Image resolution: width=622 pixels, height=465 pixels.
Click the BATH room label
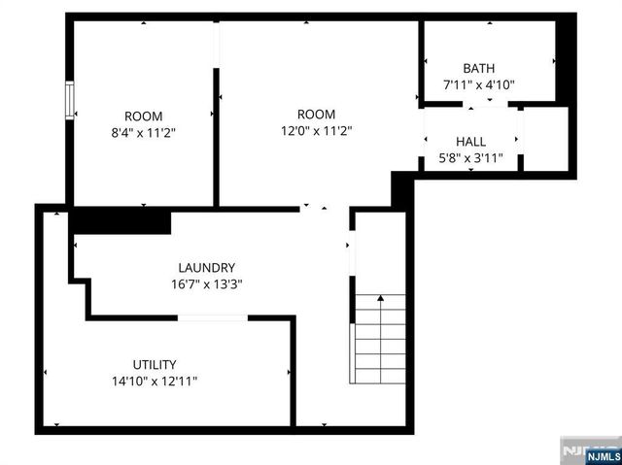pos(478,68)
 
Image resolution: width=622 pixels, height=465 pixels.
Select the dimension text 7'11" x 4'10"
pos(478,84)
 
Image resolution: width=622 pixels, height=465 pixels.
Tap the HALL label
pos(470,142)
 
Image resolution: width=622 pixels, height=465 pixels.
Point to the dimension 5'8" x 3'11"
pos(470,158)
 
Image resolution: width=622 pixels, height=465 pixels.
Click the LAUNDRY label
pos(206,268)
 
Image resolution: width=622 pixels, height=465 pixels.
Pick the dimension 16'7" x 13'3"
pos(206,284)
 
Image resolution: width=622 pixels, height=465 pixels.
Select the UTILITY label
pos(155,364)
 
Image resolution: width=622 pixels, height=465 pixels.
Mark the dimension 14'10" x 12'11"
pos(155,382)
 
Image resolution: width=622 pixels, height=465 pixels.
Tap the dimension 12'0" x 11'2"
pos(317,131)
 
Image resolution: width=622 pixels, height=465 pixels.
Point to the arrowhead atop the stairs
pos(379,297)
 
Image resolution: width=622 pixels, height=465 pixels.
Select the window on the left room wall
pos(69,101)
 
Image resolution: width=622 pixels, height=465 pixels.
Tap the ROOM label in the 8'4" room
pos(143,115)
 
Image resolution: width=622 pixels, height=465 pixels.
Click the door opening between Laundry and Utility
pos(212,317)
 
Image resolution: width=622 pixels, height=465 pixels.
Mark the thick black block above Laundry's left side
pos(120,222)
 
